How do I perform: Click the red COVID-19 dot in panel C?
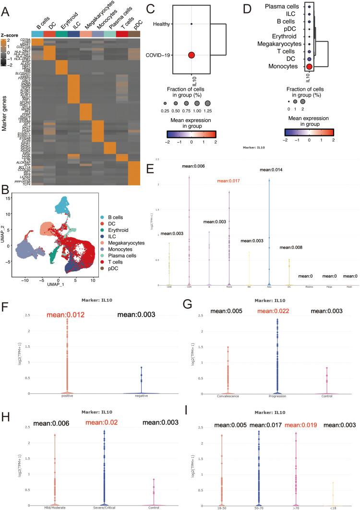tap(192, 56)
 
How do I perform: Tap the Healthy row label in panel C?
tap(163, 24)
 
